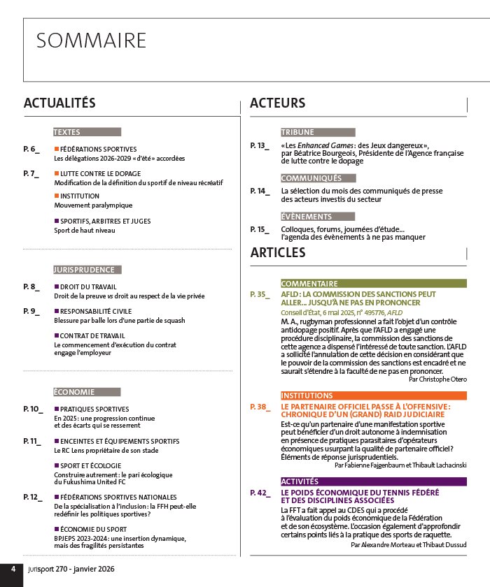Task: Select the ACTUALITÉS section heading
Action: coord(59,103)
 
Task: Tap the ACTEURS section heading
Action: coord(277,103)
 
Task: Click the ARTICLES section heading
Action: coord(278,253)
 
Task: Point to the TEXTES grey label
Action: coord(67,132)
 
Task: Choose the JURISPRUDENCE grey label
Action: coord(83,269)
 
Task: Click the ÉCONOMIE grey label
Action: coord(74,391)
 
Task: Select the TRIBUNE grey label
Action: coord(297,132)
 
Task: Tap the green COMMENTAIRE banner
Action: coord(309,284)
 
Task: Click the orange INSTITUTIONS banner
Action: coord(307,396)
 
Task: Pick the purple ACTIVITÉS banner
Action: coord(300,481)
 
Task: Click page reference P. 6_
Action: coord(31,149)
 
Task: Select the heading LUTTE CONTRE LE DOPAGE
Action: coord(100,173)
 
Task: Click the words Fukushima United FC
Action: coord(91,483)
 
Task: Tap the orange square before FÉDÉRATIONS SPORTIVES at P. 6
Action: coord(57,149)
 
